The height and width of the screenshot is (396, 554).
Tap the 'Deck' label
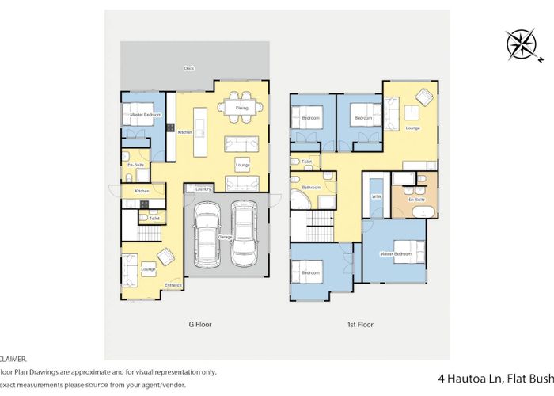click(188, 69)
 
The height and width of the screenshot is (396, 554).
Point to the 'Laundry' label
click(203, 189)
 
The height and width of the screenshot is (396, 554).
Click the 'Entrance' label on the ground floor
click(173, 285)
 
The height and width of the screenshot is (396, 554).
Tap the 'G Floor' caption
click(199, 324)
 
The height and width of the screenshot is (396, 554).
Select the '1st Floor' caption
click(361, 324)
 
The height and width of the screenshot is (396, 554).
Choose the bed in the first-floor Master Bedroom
click(404, 253)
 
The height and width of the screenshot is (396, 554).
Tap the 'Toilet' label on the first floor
click(306, 162)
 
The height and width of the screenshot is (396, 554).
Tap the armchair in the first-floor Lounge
click(421, 98)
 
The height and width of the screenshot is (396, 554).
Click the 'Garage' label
click(225, 237)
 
